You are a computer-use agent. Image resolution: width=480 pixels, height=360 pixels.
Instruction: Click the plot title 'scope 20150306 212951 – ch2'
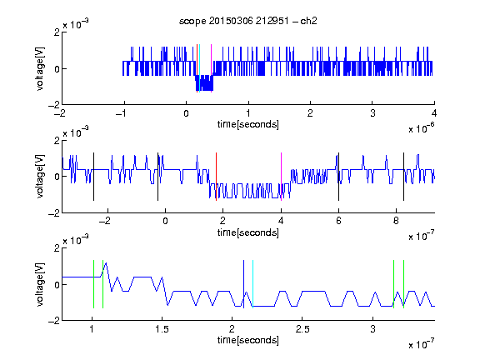pyautogui.click(x=248, y=21)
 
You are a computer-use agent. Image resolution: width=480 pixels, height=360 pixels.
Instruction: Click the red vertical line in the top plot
pyautogui.click(x=197, y=68)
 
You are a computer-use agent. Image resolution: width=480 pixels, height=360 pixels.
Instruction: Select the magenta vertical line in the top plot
pyautogui.click(x=211, y=68)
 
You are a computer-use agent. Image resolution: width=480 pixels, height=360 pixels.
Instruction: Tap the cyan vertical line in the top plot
pyautogui.click(x=200, y=68)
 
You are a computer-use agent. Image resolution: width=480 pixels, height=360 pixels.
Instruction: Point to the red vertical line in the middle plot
pyautogui.click(x=216, y=177)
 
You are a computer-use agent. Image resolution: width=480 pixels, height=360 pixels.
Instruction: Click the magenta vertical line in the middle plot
pyautogui.click(x=282, y=177)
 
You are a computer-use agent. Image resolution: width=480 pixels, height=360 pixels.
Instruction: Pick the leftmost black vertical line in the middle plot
pyautogui.click(x=93, y=177)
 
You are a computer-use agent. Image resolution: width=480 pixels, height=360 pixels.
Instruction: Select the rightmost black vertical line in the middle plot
pyautogui.click(x=404, y=177)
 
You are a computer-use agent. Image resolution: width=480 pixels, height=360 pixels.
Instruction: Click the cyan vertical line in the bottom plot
pyautogui.click(x=252, y=284)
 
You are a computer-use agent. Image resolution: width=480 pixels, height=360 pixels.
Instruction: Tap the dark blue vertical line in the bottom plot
pyautogui.click(x=243, y=284)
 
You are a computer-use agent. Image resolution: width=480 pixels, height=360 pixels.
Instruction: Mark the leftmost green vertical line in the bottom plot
pyautogui.click(x=93, y=284)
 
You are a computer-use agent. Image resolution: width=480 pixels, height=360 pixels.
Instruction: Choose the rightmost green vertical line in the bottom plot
pyautogui.click(x=404, y=284)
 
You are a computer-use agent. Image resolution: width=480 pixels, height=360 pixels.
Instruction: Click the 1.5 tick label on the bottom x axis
pyautogui.click(x=162, y=329)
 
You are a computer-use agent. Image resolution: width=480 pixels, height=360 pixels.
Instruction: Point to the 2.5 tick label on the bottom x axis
pyautogui.click(x=302, y=329)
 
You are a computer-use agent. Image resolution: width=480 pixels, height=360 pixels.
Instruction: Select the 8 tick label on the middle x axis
pyautogui.click(x=396, y=221)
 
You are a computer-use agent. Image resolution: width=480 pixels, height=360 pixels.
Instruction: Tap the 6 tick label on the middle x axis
pyautogui.click(x=338, y=221)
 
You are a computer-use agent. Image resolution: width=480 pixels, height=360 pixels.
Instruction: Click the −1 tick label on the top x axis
pyautogui.click(x=122, y=113)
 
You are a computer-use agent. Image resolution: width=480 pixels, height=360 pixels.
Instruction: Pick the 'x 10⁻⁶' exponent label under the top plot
pyautogui.click(x=422, y=128)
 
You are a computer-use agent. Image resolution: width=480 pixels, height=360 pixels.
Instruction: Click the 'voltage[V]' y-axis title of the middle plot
pyautogui.click(x=40, y=177)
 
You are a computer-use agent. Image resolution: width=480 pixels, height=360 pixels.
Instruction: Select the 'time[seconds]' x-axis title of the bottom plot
pyautogui.click(x=248, y=340)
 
